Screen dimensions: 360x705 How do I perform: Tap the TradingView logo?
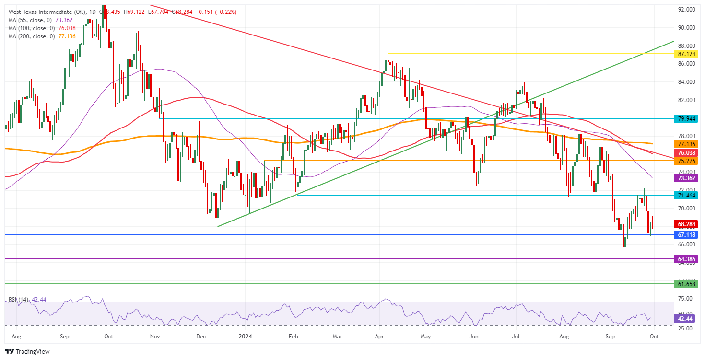pos(28,351)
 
